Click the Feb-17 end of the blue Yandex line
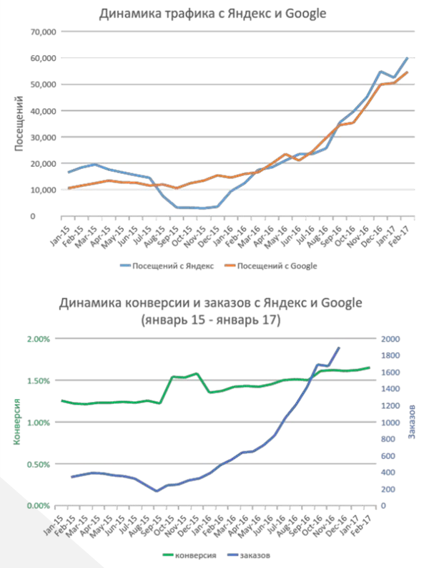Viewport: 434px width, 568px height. pyautogui.click(x=408, y=58)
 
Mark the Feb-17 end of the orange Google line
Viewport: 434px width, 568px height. pyautogui.click(x=408, y=72)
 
